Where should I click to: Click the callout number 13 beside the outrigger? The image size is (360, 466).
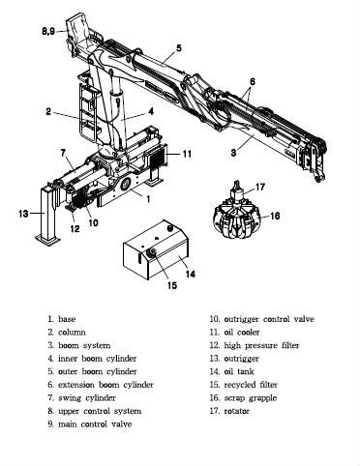[23, 214]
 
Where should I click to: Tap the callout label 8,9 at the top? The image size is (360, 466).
[48, 31]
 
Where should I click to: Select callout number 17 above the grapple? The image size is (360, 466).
[260, 187]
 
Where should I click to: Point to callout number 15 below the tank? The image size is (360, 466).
[172, 285]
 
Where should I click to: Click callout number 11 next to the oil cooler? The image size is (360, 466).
[187, 154]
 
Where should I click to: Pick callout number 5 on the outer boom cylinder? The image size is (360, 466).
[179, 48]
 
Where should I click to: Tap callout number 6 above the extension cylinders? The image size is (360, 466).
[252, 81]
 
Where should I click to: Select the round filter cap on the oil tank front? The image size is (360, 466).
[151, 253]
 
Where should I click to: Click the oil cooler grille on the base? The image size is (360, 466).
[156, 158]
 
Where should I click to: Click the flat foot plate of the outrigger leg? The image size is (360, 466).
[47, 240]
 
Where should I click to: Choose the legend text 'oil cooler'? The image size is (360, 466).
[242, 333]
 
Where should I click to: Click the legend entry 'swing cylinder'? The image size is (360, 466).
[87, 398]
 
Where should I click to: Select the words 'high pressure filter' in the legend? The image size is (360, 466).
[261, 345]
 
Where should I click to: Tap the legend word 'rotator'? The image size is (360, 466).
[237, 411]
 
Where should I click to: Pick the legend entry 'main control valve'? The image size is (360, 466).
[95, 424]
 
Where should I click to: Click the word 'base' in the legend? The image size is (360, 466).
[67, 319]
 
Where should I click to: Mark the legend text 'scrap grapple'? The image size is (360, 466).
[251, 398]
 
